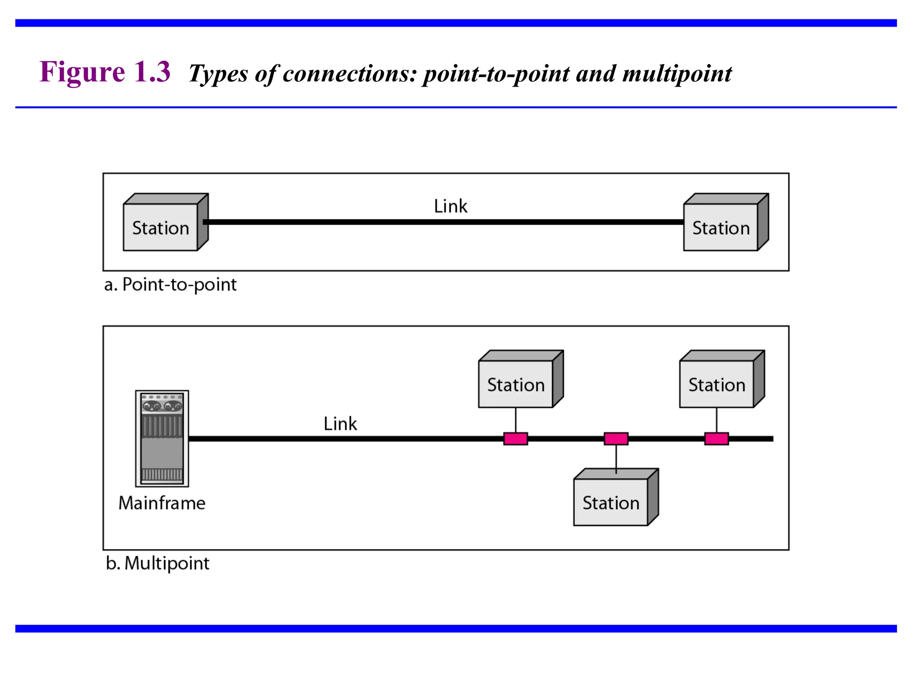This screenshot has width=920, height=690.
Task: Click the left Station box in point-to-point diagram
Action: tap(161, 227)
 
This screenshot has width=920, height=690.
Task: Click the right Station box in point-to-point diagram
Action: tap(721, 227)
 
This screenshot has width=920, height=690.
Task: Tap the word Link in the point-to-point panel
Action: tap(450, 206)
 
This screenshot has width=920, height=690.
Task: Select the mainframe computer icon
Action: tap(162, 438)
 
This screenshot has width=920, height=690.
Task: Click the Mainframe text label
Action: tap(162, 503)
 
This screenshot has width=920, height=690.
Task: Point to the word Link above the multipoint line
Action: tap(340, 424)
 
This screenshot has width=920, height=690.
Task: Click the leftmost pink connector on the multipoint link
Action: tap(515, 438)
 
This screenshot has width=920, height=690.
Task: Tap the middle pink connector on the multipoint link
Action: tap(616, 438)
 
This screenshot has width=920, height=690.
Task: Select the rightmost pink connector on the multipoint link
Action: tap(717, 438)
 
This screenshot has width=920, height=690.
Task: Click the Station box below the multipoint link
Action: tap(611, 502)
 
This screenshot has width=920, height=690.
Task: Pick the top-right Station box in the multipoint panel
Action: tap(717, 384)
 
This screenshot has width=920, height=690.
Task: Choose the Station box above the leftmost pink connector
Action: tap(516, 384)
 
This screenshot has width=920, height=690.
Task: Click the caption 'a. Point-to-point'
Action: tap(170, 285)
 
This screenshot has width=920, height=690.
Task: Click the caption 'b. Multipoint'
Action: tap(158, 563)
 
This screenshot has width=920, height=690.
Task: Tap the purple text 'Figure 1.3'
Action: tap(105, 72)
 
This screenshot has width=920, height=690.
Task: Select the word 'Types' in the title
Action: tap(218, 74)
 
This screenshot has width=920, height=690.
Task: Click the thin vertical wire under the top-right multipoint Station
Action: tap(717, 420)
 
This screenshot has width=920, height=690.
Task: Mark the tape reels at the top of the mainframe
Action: tap(162, 406)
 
